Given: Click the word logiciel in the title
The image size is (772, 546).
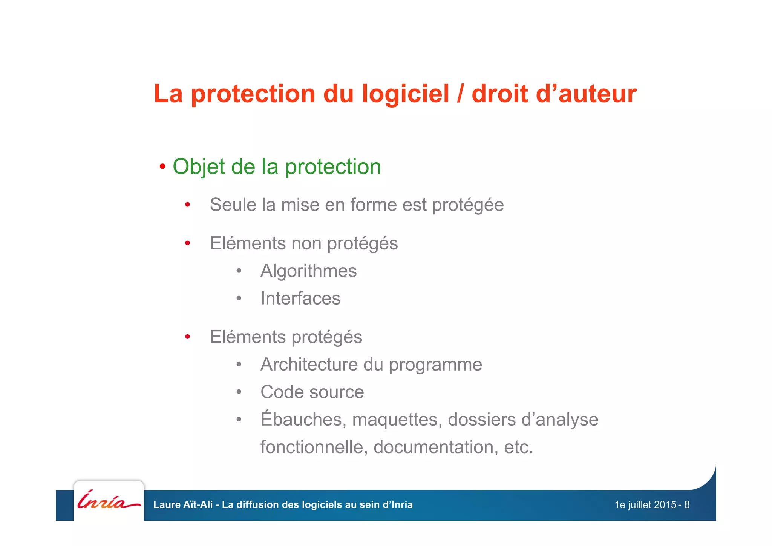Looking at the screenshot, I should click(406, 94).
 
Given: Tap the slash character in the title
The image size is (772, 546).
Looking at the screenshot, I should click(460, 94).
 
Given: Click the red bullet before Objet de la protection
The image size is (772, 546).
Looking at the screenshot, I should click(162, 166).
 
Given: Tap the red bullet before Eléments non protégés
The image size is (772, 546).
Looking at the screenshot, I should click(187, 243).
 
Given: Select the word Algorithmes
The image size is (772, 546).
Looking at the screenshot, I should click(308, 271).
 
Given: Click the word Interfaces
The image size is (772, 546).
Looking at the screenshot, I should click(300, 298).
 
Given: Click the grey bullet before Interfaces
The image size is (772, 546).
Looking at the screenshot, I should click(239, 298).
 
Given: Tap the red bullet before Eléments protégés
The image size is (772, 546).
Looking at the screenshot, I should click(187, 337).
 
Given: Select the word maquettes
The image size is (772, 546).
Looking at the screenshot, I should click(397, 420).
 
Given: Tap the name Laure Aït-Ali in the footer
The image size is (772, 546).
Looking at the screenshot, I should click(183, 504).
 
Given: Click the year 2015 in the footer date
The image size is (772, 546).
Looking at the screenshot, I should click(665, 505).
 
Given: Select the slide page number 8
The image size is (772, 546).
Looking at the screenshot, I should click(687, 505).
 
